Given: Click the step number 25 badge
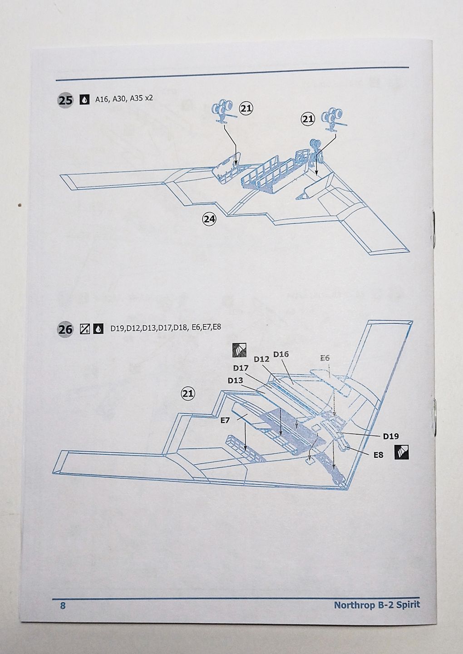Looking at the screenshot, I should pyautogui.click(x=65, y=100).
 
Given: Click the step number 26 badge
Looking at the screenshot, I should pyautogui.click(x=65, y=329).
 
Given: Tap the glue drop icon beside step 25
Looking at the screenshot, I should pyautogui.click(x=84, y=100).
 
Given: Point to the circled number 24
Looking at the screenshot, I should pyautogui.click(x=209, y=219).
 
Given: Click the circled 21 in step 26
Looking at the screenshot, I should pyautogui.click(x=188, y=394).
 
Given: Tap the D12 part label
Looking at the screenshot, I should pyautogui.click(x=261, y=359).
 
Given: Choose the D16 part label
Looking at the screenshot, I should pyautogui.click(x=281, y=354).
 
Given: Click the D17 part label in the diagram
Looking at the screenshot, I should pyautogui.click(x=241, y=368).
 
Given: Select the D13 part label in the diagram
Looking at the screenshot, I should pyautogui.click(x=235, y=381).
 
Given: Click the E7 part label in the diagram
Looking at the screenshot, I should pyautogui.click(x=225, y=421).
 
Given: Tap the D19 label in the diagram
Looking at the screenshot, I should pyautogui.click(x=390, y=436).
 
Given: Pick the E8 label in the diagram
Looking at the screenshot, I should pyautogui.click(x=378, y=454).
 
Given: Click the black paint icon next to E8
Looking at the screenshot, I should pyautogui.click(x=401, y=453).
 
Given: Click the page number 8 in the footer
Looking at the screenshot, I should pyautogui.click(x=63, y=605).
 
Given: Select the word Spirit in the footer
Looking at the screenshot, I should pyautogui.click(x=407, y=605).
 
